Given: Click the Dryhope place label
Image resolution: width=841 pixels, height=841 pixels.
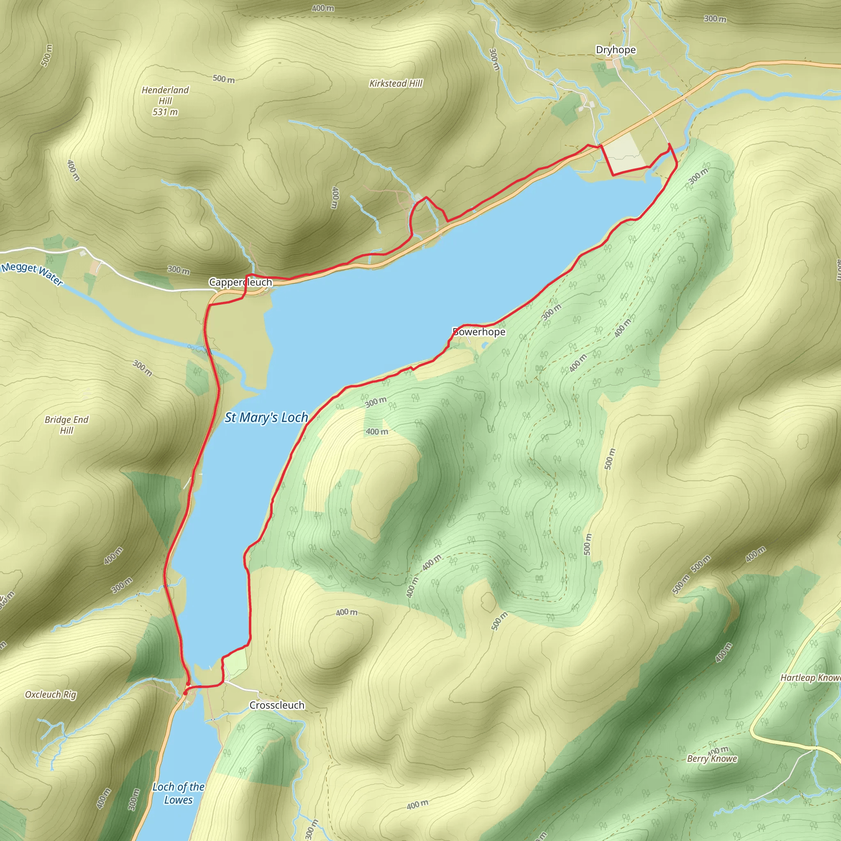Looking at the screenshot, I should pos(616,50).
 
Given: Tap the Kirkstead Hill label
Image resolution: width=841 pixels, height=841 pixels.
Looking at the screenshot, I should pos(396,84).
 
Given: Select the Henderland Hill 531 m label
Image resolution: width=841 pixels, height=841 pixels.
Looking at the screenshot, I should pos(165,101).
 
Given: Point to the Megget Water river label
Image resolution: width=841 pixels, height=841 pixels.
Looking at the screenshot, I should pos(33,274).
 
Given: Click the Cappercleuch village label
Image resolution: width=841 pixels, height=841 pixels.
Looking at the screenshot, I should pos(240,282).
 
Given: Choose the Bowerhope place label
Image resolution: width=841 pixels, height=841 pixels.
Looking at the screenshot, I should pos(479,332).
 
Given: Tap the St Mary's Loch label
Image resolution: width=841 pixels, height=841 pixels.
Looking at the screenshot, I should pos(266,418).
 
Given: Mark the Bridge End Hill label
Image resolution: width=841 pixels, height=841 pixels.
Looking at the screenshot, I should pos(67,425).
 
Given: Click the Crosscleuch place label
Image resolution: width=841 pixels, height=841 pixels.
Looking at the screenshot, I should pos(277,705).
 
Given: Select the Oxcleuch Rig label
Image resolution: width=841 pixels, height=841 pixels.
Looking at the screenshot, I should pos(51,694).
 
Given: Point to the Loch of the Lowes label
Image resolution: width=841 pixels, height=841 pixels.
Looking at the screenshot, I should pos(179,793).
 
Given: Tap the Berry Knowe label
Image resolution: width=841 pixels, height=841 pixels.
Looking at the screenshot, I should pos(712,759).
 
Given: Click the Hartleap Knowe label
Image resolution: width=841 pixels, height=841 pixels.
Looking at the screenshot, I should pos(810,677).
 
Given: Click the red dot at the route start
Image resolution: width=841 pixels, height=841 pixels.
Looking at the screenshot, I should pos(186,692).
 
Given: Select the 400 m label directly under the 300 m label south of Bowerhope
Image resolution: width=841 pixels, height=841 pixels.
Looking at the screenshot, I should pos(377,432).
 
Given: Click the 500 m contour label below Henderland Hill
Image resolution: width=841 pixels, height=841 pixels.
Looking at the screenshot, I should pos(223,79).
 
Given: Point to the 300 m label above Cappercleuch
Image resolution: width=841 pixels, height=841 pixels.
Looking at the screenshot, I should pos(179,270).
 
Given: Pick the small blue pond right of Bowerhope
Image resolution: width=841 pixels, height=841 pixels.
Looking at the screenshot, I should pos(485,346).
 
